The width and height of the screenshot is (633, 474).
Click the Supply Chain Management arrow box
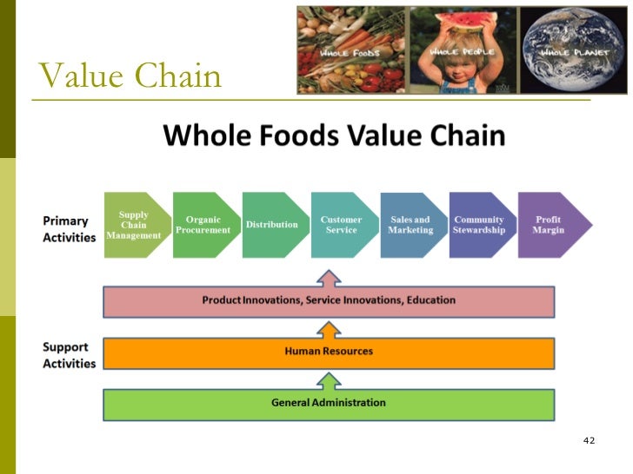click(x=133, y=225)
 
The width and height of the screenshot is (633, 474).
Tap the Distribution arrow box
click(x=272, y=225)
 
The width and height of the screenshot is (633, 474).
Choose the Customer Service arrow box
click(x=342, y=225)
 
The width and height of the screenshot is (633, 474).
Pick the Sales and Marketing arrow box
click(x=410, y=225)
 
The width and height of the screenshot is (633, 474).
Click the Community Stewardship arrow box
click(x=479, y=225)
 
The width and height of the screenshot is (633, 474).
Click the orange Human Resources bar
click(x=329, y=352)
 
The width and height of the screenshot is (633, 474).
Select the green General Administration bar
click(x=329, y=403)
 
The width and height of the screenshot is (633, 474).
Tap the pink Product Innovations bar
click(x=329, y=300)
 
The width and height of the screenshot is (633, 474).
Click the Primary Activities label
click(x=67, y=229)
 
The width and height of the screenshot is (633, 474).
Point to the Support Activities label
click(x=68, y=355)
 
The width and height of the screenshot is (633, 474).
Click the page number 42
click(x=589, y=441)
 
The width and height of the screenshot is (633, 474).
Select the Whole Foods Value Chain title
click(x=334, y=136)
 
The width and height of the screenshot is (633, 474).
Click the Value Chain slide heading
click(x=130, y=76)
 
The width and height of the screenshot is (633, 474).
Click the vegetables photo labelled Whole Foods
click(x=352, y=49)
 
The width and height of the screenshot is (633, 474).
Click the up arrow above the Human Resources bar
click(x=329, y=329)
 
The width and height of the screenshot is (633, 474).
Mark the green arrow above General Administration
click(x=329, y=380)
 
